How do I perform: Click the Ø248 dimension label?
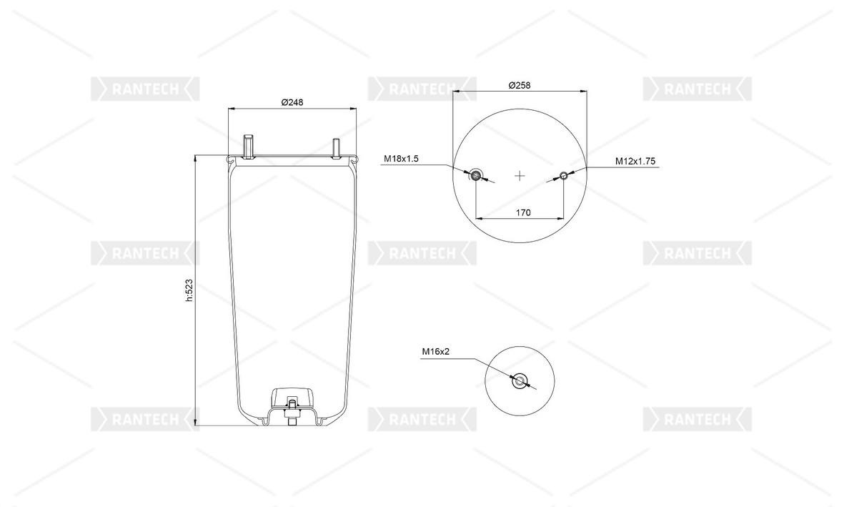click(x=292, y=102)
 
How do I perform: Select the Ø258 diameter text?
click(x=520, y=85)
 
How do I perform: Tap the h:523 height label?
click(x=189, y=290)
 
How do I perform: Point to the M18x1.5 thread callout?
click(x=401, y=159)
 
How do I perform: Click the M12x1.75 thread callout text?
click(x=635, y=161)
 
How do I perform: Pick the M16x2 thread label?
click(x=435, y=352)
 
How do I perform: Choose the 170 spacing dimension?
click(x=523, y=212)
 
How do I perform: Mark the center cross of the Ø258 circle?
click(x=520, y=176)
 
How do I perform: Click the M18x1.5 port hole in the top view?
click(x=476, y=175)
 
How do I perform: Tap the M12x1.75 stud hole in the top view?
click(x=564, y=175)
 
